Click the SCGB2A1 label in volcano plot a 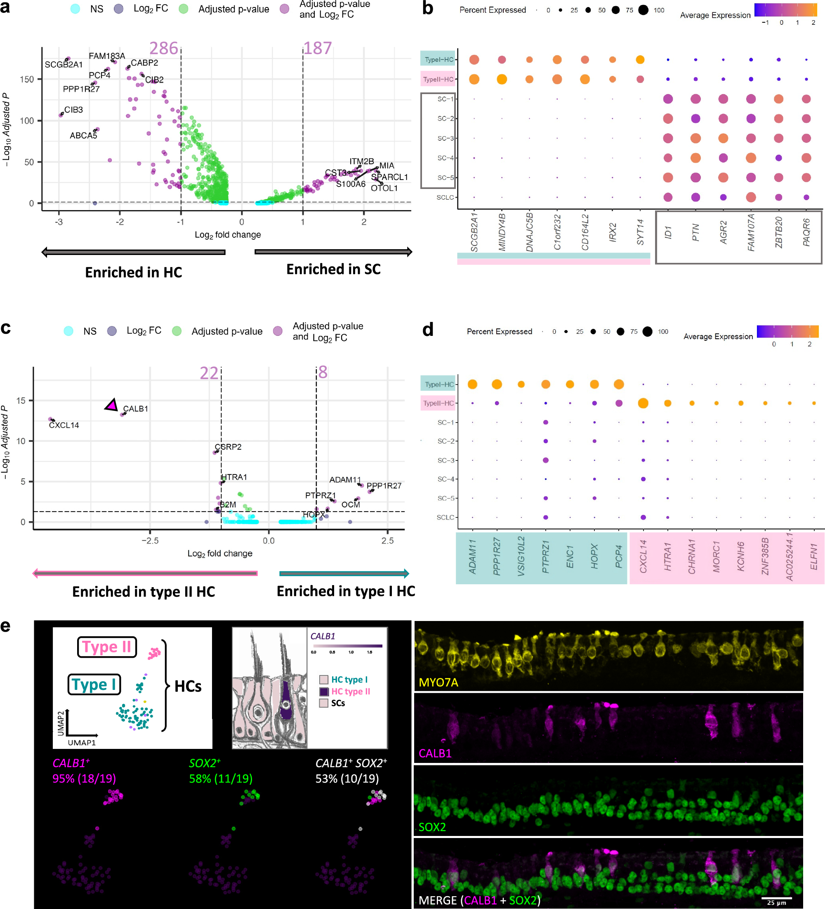[64, 64]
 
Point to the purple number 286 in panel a [164, 48]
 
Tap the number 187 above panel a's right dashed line [317, 48]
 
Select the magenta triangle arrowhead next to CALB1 [111, 405]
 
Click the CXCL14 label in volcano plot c [64, 425]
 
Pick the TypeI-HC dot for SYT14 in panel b [640, 59]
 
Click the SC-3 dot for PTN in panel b [695, 138]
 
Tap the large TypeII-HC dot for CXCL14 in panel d [643, 403]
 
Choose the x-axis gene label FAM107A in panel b [751, 233]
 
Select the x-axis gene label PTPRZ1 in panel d [545, 557]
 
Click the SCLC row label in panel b [445, 198]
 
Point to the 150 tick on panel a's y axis [26, 79]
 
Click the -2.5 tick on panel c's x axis [150, 540]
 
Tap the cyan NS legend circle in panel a [75, 9]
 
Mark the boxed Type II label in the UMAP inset [107, 647]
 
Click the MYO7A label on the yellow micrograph [438, 682]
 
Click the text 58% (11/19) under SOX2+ [220, 778]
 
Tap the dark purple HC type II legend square [324, 691]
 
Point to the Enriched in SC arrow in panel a [333, 252]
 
